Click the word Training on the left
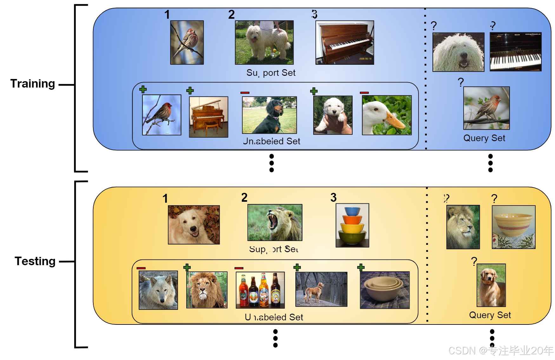(33, 84)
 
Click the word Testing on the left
(35, 261)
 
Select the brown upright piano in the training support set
(345, 43)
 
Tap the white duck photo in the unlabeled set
(387, 115)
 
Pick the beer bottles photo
(260, 290)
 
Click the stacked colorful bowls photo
(352, 225)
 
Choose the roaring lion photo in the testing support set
(274, 222)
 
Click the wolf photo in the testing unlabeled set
(158, 290)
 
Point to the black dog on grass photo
(269, 115)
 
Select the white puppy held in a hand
(333, 115)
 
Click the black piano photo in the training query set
(515, 52)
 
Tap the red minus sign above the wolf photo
(141, 268)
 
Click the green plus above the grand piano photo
(190, 91)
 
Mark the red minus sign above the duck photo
(364, 93)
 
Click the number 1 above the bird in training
(167, 15)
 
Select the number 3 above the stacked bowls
(333, 198)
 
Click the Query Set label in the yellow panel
(490, 315)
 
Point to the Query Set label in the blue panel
(484, 138)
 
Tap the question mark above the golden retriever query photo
(474, 261)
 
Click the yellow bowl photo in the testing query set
(513, 227)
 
